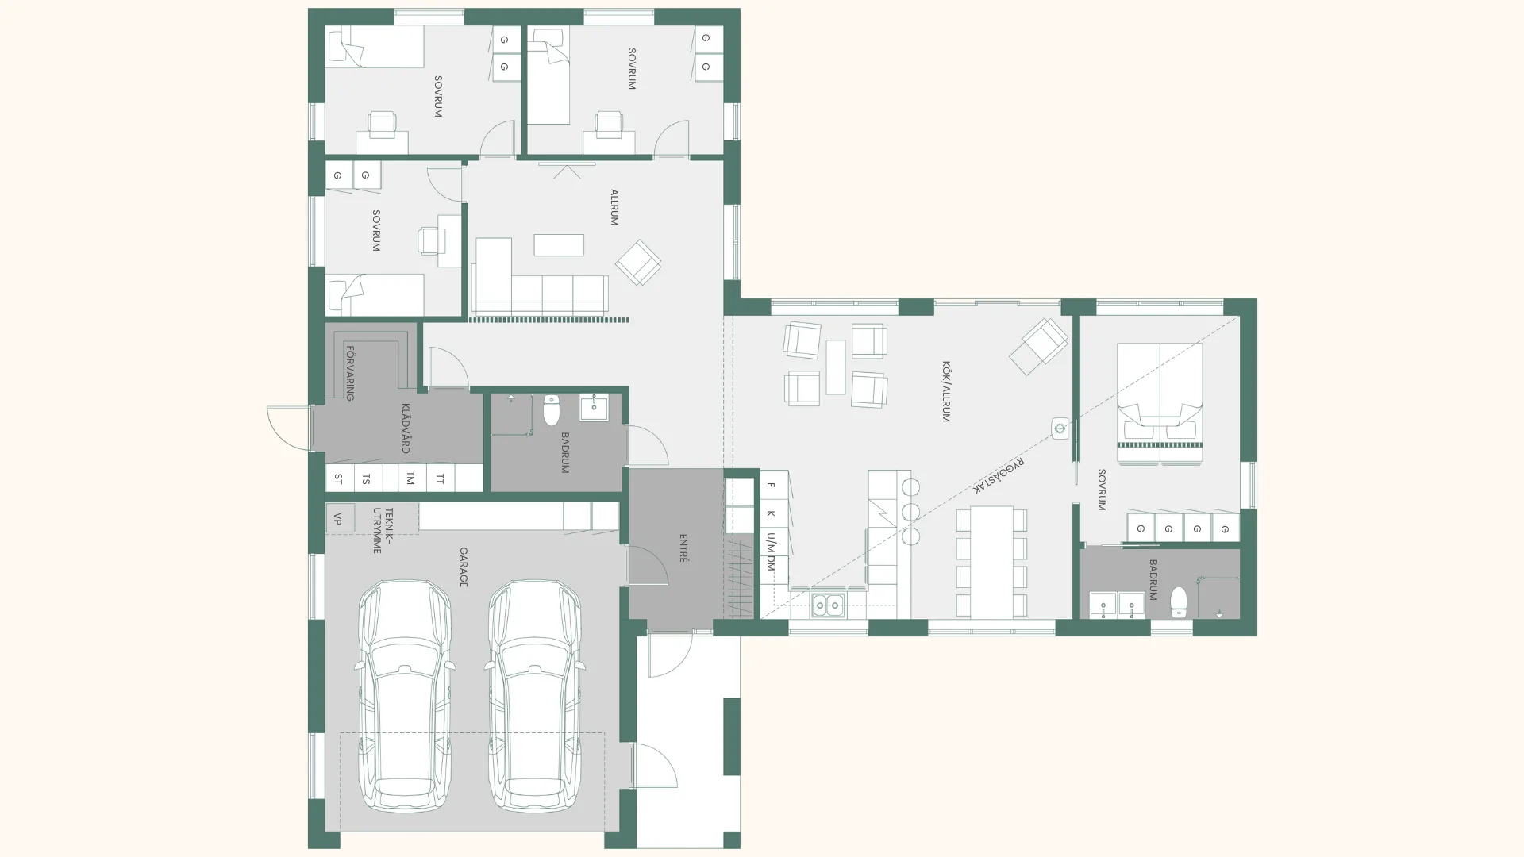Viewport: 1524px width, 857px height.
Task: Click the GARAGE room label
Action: pyautogui.click(x=464, y=567)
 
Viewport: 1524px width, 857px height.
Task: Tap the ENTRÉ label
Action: pyautogui.click(x=683, y=548)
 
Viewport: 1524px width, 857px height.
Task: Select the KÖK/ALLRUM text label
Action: pyautogui.click(x=945, y=391)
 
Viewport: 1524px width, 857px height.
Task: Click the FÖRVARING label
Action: pyautogui.click(x=349, y=373)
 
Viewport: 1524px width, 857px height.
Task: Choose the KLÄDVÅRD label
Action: pyautogui.click(x=406, y=428)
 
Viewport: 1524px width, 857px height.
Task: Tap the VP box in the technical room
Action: pyautogui.click(x=339, y=518)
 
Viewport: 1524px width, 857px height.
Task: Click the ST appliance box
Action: pyautogui.click(x=339, y=478)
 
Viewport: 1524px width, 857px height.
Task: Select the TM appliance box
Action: pyautogui.click(x=410, y=478)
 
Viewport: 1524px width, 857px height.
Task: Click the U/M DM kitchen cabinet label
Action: pyautogui.click(x=771, y=552)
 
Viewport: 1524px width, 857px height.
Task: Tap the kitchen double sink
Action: pyautogui.click(x=827, y=605)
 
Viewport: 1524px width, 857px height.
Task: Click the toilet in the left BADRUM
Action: pyautogui.click(x=552, y=409)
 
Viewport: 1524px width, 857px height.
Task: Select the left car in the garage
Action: pyautogui.click(x=405, y=696)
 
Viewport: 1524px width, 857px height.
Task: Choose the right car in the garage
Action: pyautogui.click(x=535, y=696)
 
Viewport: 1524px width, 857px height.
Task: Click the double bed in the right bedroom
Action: pyautogui.click(x=1160, y=403)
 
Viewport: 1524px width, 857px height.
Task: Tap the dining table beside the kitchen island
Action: pyautogui.click(x=991, y=562)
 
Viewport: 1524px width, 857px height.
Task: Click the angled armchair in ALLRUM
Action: pyautogui.click(x=638, y=262)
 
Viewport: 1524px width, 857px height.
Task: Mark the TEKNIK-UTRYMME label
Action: pyautogui.click(x=383, y=530)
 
